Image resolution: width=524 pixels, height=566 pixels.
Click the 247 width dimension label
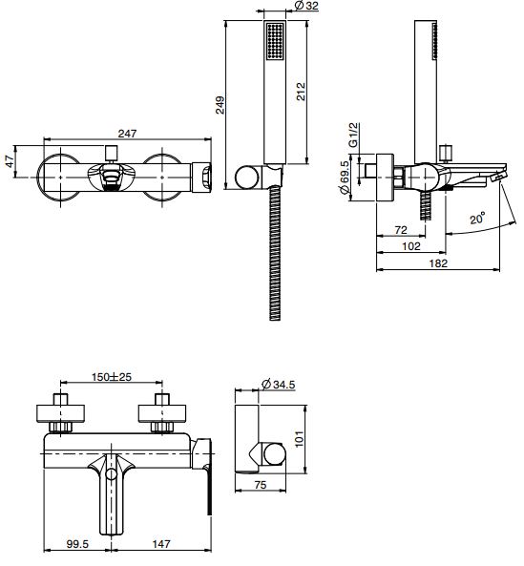coord(127,134)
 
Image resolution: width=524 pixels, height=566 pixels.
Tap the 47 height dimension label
coord(10,161)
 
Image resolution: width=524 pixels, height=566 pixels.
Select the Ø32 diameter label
coord(306,6)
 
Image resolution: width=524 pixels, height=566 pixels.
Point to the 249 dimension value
coord(220,105)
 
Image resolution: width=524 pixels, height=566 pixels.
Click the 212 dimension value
coord(301,92)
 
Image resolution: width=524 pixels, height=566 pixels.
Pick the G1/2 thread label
coord(353,135)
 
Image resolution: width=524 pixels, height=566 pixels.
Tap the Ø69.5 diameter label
coord(345,178)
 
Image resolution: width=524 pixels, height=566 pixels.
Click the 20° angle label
coord(477,219)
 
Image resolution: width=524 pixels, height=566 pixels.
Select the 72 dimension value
coord(401,230)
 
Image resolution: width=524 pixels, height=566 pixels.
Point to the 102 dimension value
coord(411,246)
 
